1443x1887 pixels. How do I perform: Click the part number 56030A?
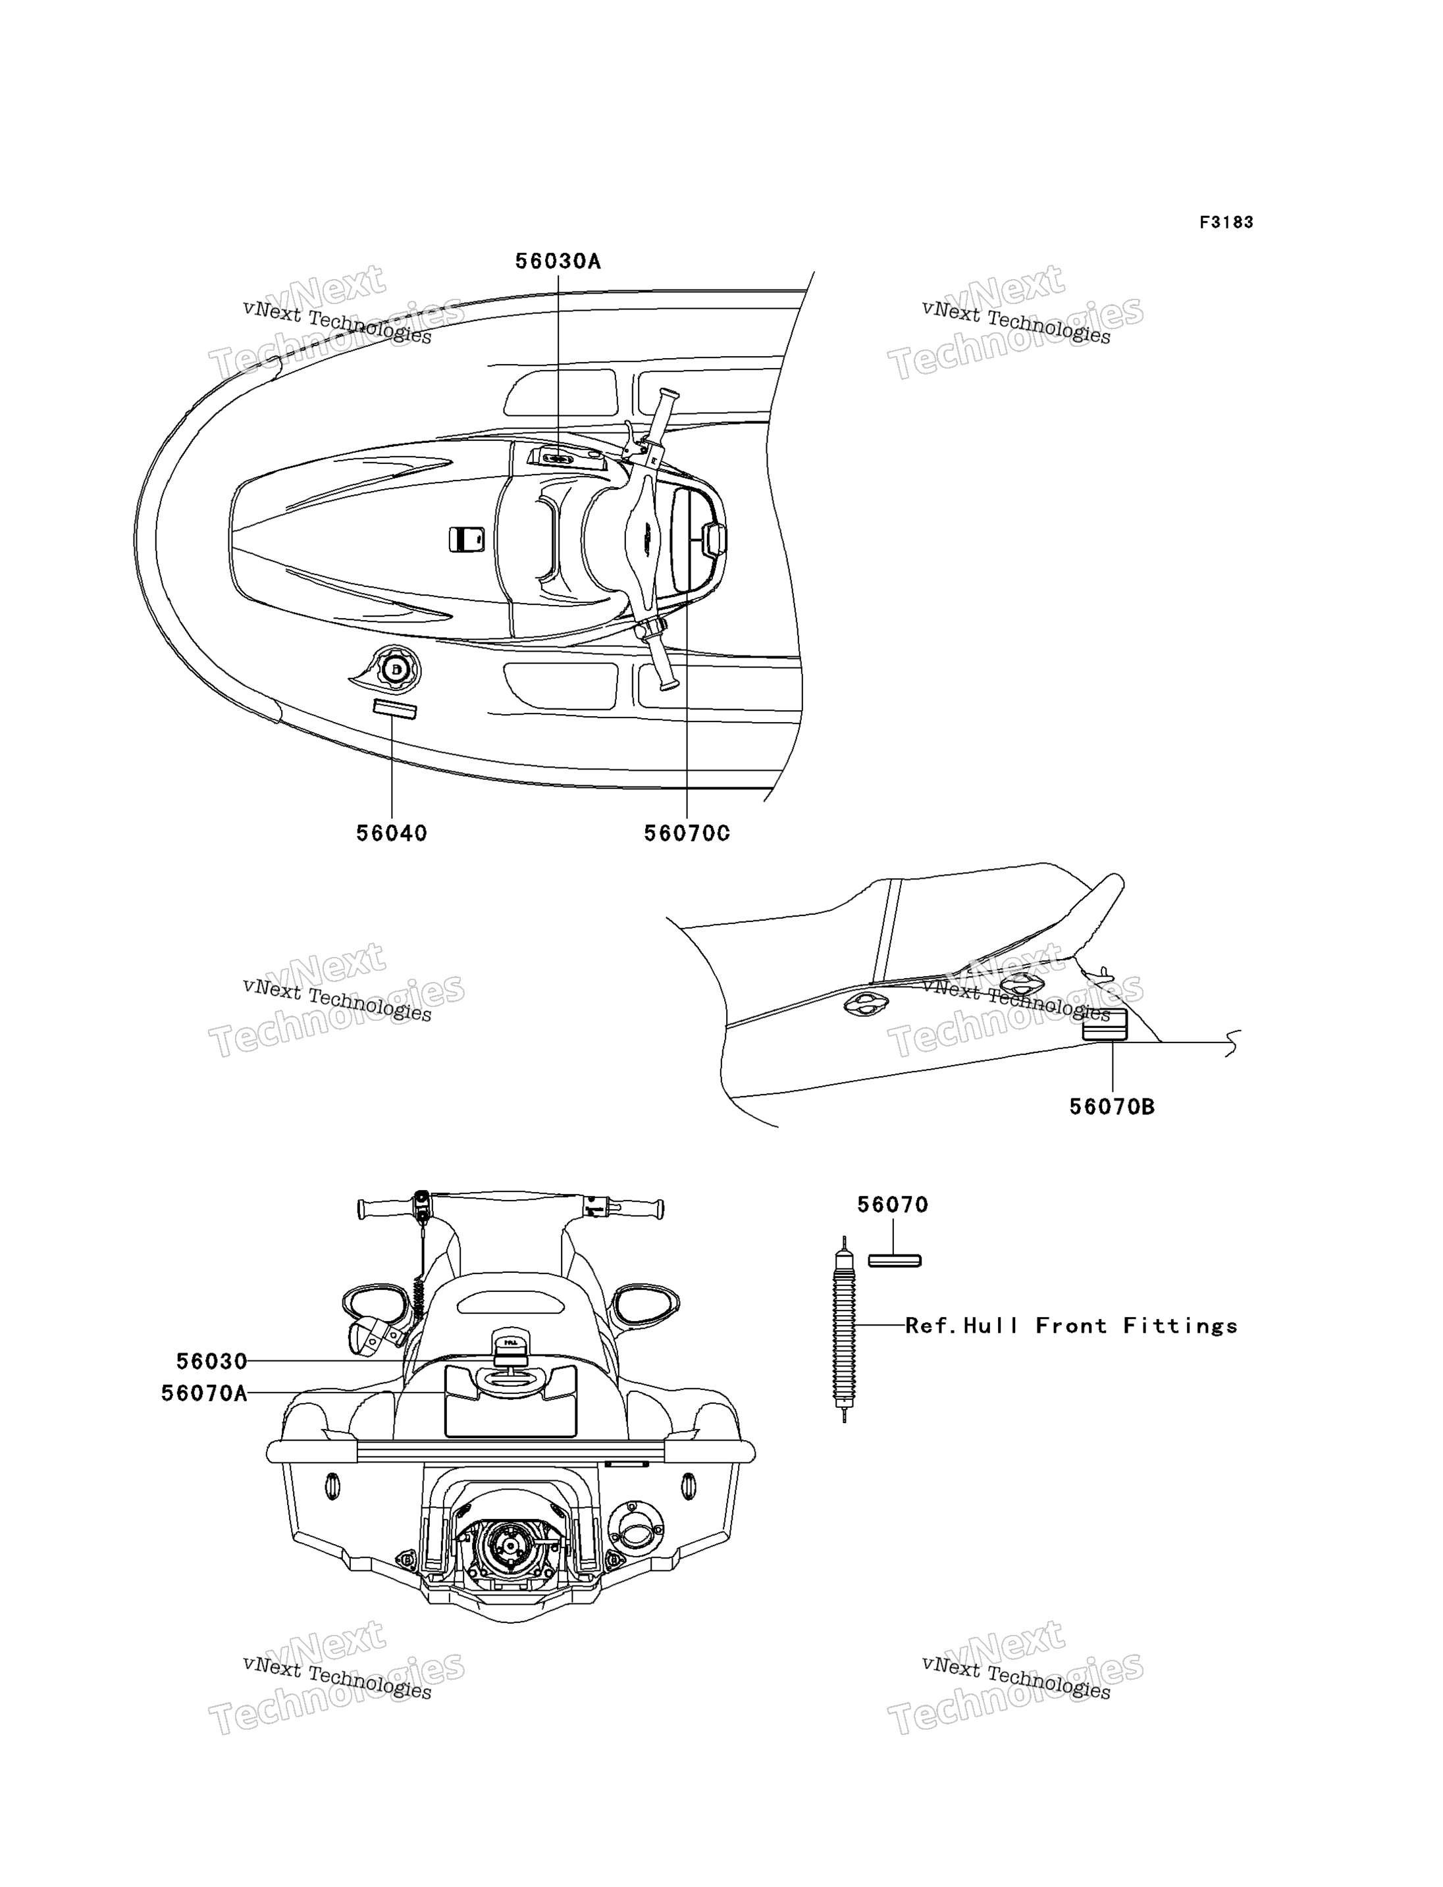pyautogui.click(x=558, y=261)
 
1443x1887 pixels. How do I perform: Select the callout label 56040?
pyautogui.click(x=392, y=833)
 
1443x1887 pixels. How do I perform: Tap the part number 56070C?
pyautogui.click(x=687, y=833)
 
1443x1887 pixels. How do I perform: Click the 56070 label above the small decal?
pyautogui.click(x=893, y=1205)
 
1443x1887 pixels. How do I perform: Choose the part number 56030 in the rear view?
pyautogui.click(x=211, y=1361)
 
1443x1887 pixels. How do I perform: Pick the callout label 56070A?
pyautogui.click(x=205, y=1393)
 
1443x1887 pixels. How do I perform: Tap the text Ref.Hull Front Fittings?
pyautogui.click(x=1072, y=1326)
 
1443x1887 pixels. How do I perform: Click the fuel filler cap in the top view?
pyautogui.click(x=394, y=668)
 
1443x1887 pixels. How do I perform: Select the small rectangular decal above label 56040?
pyautogui.click(x=394, y=710)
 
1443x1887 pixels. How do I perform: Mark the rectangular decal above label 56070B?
pyautogui.click(x=1105, y=1025)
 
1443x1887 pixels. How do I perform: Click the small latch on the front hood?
pyautogui.click(x=466, y=540)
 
